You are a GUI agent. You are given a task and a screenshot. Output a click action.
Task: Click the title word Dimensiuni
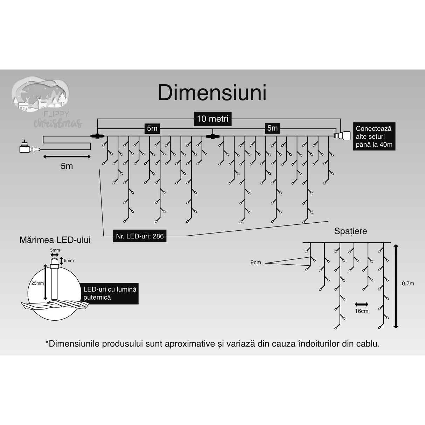click(x=212, y=93)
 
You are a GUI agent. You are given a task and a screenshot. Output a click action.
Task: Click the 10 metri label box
click(x=212, y=119)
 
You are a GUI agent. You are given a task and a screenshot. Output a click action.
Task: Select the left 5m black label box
click(x=152, y=128)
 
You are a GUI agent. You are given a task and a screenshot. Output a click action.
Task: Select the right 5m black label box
click(x=272, y=128)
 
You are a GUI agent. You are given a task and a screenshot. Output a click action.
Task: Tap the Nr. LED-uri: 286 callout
click(x=140, y=236)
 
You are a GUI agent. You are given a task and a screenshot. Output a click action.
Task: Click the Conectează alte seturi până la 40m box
click(x=374, y=137)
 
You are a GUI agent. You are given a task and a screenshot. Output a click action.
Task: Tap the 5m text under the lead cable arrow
click(x=67, y=166)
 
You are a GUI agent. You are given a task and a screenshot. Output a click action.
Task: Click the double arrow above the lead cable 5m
click(x=67, y=156)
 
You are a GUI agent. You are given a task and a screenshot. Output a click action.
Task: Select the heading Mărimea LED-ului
click(x=55, y=240)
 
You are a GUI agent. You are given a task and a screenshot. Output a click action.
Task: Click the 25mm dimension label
click(x=37, y=283)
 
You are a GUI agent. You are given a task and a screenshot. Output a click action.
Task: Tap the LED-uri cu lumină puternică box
click(x=109, y=293)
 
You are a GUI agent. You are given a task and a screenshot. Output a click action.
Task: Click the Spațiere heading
click(x=350, y=231)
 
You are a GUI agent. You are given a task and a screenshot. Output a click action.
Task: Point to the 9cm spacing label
click(x=256, y=263)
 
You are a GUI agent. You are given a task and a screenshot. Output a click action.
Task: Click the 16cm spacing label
click(x=361, y=311)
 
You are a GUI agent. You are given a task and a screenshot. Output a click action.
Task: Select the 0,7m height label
click(x=407, y=283)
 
